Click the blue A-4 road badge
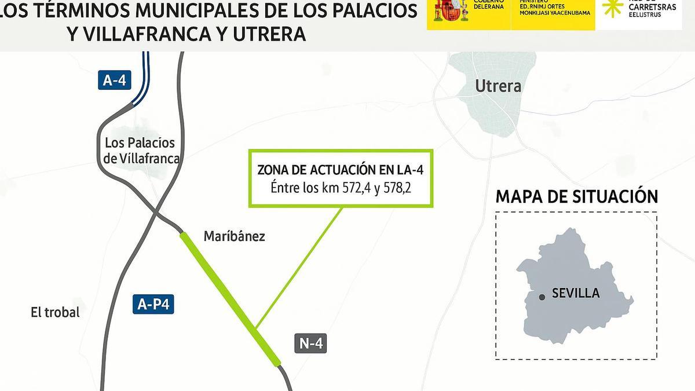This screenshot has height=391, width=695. (114, 80)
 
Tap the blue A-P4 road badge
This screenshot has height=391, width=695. (153, 304)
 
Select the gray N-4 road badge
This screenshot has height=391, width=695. (310, 343)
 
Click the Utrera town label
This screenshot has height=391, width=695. (498, 86)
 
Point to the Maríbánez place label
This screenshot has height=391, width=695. (234, 236)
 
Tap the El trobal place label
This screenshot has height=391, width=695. (55, 312)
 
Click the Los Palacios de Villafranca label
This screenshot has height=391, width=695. (141, 151)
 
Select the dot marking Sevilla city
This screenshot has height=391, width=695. (542, 297)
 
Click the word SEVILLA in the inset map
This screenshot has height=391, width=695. (576, 293)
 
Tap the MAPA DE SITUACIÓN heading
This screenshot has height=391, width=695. (576, 196)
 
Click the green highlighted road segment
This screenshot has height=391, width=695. (230, 298)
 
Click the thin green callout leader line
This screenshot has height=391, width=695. (298, 266)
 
